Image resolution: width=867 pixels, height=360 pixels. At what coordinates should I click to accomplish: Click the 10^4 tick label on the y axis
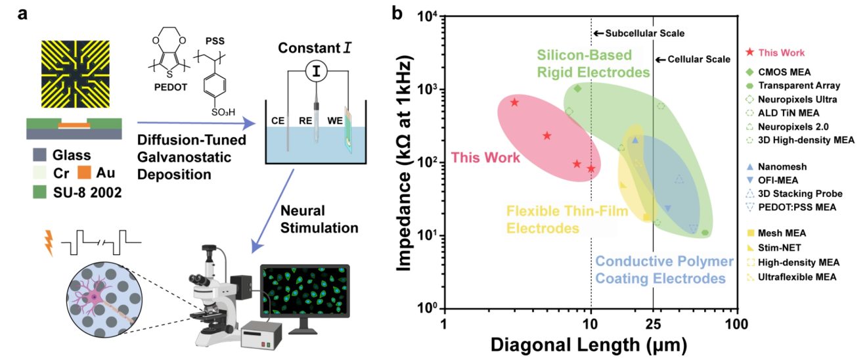click(427, 18)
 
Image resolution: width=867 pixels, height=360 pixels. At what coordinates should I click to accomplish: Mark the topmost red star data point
click(515, 102)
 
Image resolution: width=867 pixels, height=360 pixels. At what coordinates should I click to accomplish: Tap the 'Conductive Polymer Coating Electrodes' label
click(664, 270)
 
